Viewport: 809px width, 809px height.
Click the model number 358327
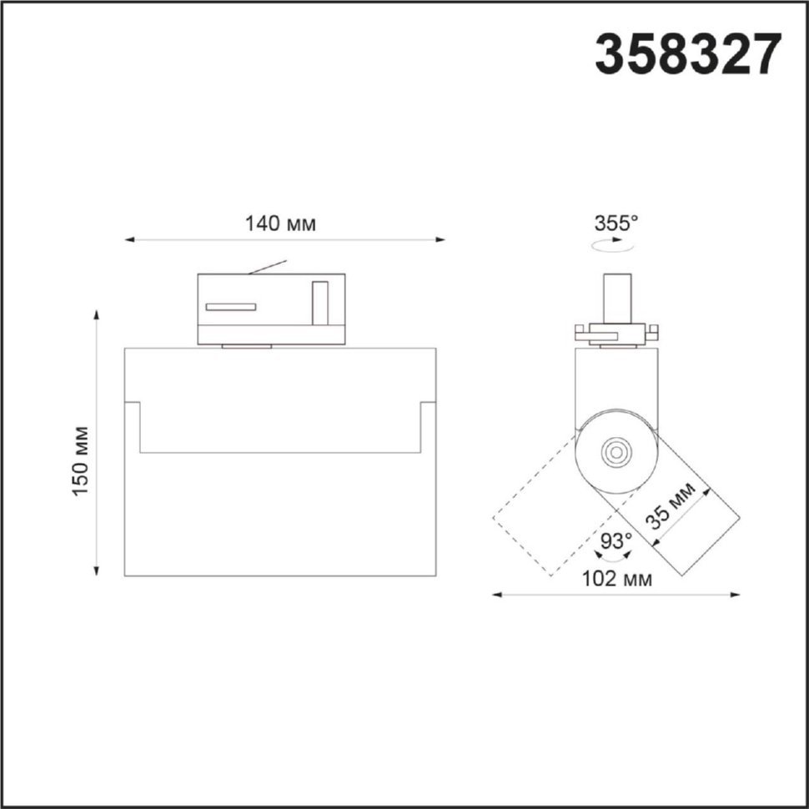tap(688, 53)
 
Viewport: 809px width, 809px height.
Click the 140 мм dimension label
tap(279, 224)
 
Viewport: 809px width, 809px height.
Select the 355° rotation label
tap(616, 224)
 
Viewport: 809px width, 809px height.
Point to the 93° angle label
tap(616, 541)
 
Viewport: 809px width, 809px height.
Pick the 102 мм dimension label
tap(616, 579)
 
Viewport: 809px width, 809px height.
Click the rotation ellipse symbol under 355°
tap(612, 245)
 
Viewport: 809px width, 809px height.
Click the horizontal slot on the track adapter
tap(231, 307)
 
